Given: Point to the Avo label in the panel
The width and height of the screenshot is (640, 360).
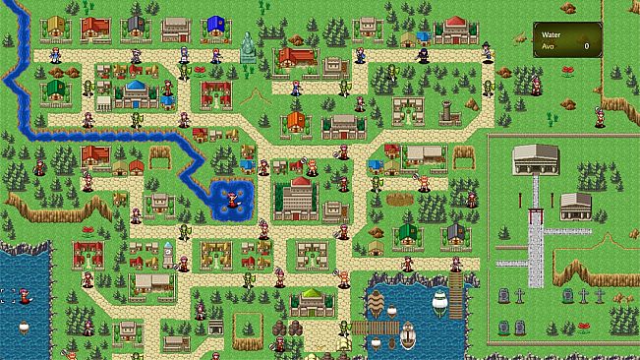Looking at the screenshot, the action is pyautogui.click(x=546, y=46).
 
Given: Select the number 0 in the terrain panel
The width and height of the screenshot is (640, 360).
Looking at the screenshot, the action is pyautogui.click(x=586, y=46).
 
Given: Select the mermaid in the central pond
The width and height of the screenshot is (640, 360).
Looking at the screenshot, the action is pyautogui.click(x=232, y=198).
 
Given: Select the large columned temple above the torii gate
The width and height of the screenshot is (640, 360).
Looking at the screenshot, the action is pyautogui.click(x=536, y=158).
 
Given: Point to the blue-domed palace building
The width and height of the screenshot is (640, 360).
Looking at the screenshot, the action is pyautogui.click(x=135, y=95).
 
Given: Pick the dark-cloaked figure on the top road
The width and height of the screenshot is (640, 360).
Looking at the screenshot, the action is pyautogui.click(x=423, y=54).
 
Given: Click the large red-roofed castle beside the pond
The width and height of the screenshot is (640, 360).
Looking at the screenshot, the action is pyautogui.click(x=297, y=196).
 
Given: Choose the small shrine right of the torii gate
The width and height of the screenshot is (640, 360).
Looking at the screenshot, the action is pyautogui.click(x=575, y=206).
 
